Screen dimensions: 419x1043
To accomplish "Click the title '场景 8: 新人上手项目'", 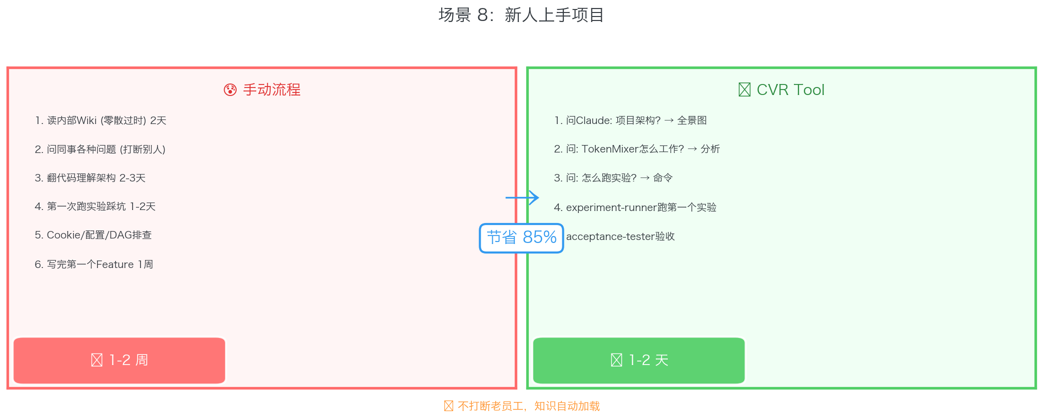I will (521, 15).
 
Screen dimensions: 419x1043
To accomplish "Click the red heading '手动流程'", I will (272, 90).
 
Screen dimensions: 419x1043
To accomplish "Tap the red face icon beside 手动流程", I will (230, 90).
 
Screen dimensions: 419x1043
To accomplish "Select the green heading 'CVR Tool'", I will (790, 90).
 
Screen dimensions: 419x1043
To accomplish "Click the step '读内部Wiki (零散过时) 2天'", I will (101, 120).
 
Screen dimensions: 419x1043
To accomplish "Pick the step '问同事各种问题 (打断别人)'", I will (100, 149).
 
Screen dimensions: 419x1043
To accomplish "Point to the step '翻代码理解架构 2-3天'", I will (90, 178).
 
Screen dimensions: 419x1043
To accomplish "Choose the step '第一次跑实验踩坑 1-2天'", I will (95, 206).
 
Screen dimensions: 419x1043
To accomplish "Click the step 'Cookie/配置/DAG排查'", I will (93, 235).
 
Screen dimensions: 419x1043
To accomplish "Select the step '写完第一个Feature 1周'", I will (94, 264).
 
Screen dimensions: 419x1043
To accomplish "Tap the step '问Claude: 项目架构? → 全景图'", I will (630, 120).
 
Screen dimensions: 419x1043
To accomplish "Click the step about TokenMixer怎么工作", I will (637, 149).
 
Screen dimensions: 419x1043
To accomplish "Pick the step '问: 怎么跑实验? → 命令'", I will (613, 178).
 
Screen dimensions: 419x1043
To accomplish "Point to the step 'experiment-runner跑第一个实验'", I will (635, 207).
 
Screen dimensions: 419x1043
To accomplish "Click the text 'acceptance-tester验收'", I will (620, 236).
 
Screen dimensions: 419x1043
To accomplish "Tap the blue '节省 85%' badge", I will (521, 237).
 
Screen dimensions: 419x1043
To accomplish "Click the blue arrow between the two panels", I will (522, 197).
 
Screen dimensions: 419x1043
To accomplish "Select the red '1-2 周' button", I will (119, 360).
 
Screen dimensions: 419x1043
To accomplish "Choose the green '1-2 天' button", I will (639, 360).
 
